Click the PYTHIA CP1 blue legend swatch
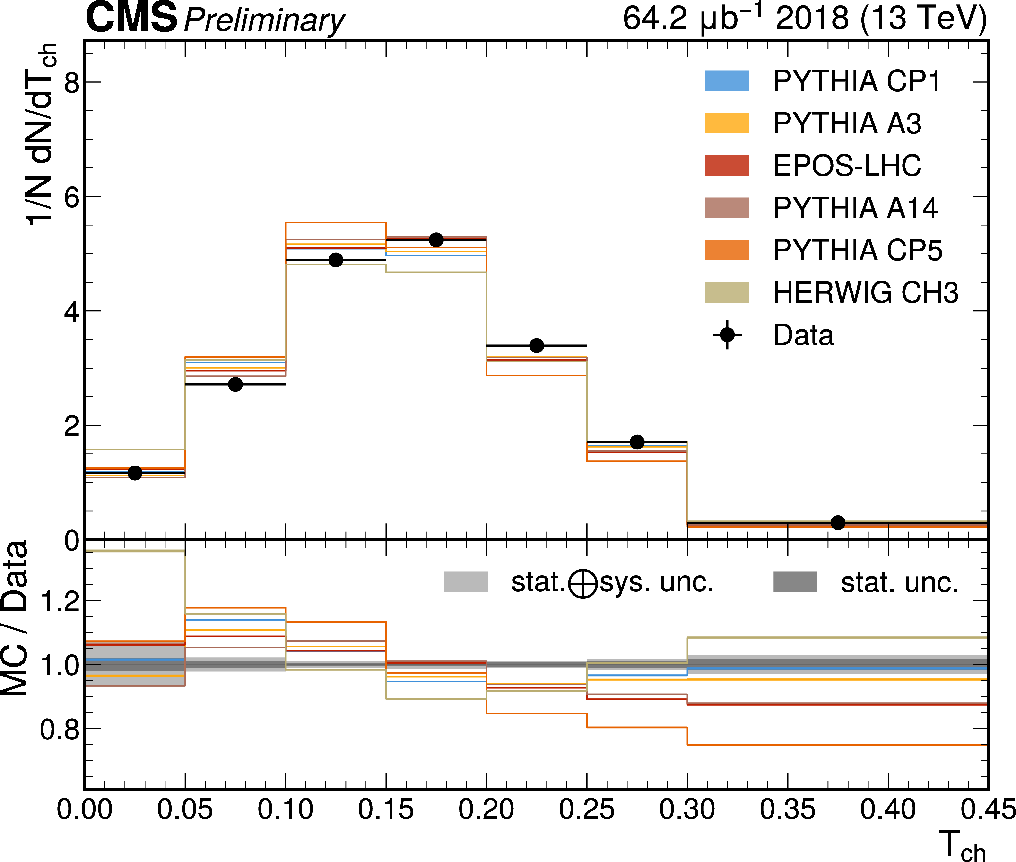tap(727, 81)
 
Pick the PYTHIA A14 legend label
tap(855, 208)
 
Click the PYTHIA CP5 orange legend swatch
tap(727, 250)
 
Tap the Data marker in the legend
tap(727, 335)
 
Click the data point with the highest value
tap(436, 240)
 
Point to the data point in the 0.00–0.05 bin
tap(135, 473)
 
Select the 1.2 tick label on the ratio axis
tap(60, 601)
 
